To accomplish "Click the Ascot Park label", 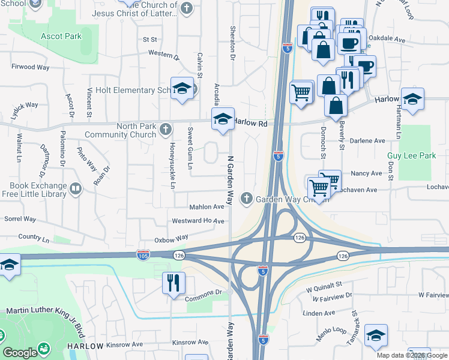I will [61, 36].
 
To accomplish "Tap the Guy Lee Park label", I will [411, 155].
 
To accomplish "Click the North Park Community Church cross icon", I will [166, 128].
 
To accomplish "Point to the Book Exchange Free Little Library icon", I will [76, 190].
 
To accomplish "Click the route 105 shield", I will [143, 255].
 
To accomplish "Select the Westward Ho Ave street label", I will [197, 221].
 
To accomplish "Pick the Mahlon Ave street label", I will [206, 206].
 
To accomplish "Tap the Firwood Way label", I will [30, 67].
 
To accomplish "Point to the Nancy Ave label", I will [366, 173].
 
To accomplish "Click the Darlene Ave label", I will [367, 140].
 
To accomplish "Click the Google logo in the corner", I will [20, 353].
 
